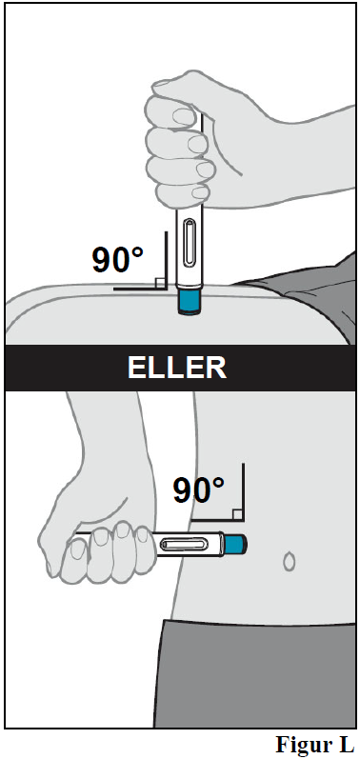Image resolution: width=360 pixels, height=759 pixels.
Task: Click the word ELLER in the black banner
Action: tap(176, 369)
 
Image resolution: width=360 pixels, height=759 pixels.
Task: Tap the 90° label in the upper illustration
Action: tap(118, 260)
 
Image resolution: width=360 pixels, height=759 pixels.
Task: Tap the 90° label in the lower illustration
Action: tap(198, 489)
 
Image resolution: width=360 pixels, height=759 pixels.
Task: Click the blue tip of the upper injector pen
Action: tap(190, 303)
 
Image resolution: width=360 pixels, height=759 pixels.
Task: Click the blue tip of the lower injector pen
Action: tap(235, 544)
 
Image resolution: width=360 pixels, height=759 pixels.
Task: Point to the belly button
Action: tap(289, 561)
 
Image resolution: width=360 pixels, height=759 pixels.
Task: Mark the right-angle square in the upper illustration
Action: tap(159, 284)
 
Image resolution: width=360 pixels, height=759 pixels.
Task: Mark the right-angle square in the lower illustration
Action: tap(237, 514)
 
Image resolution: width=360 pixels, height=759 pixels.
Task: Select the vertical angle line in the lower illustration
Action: tap(243, 491)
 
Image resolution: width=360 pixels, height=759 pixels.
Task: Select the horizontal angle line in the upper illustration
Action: tap(139, 289)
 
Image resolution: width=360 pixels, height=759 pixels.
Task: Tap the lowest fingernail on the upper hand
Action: tap(199, 193)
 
